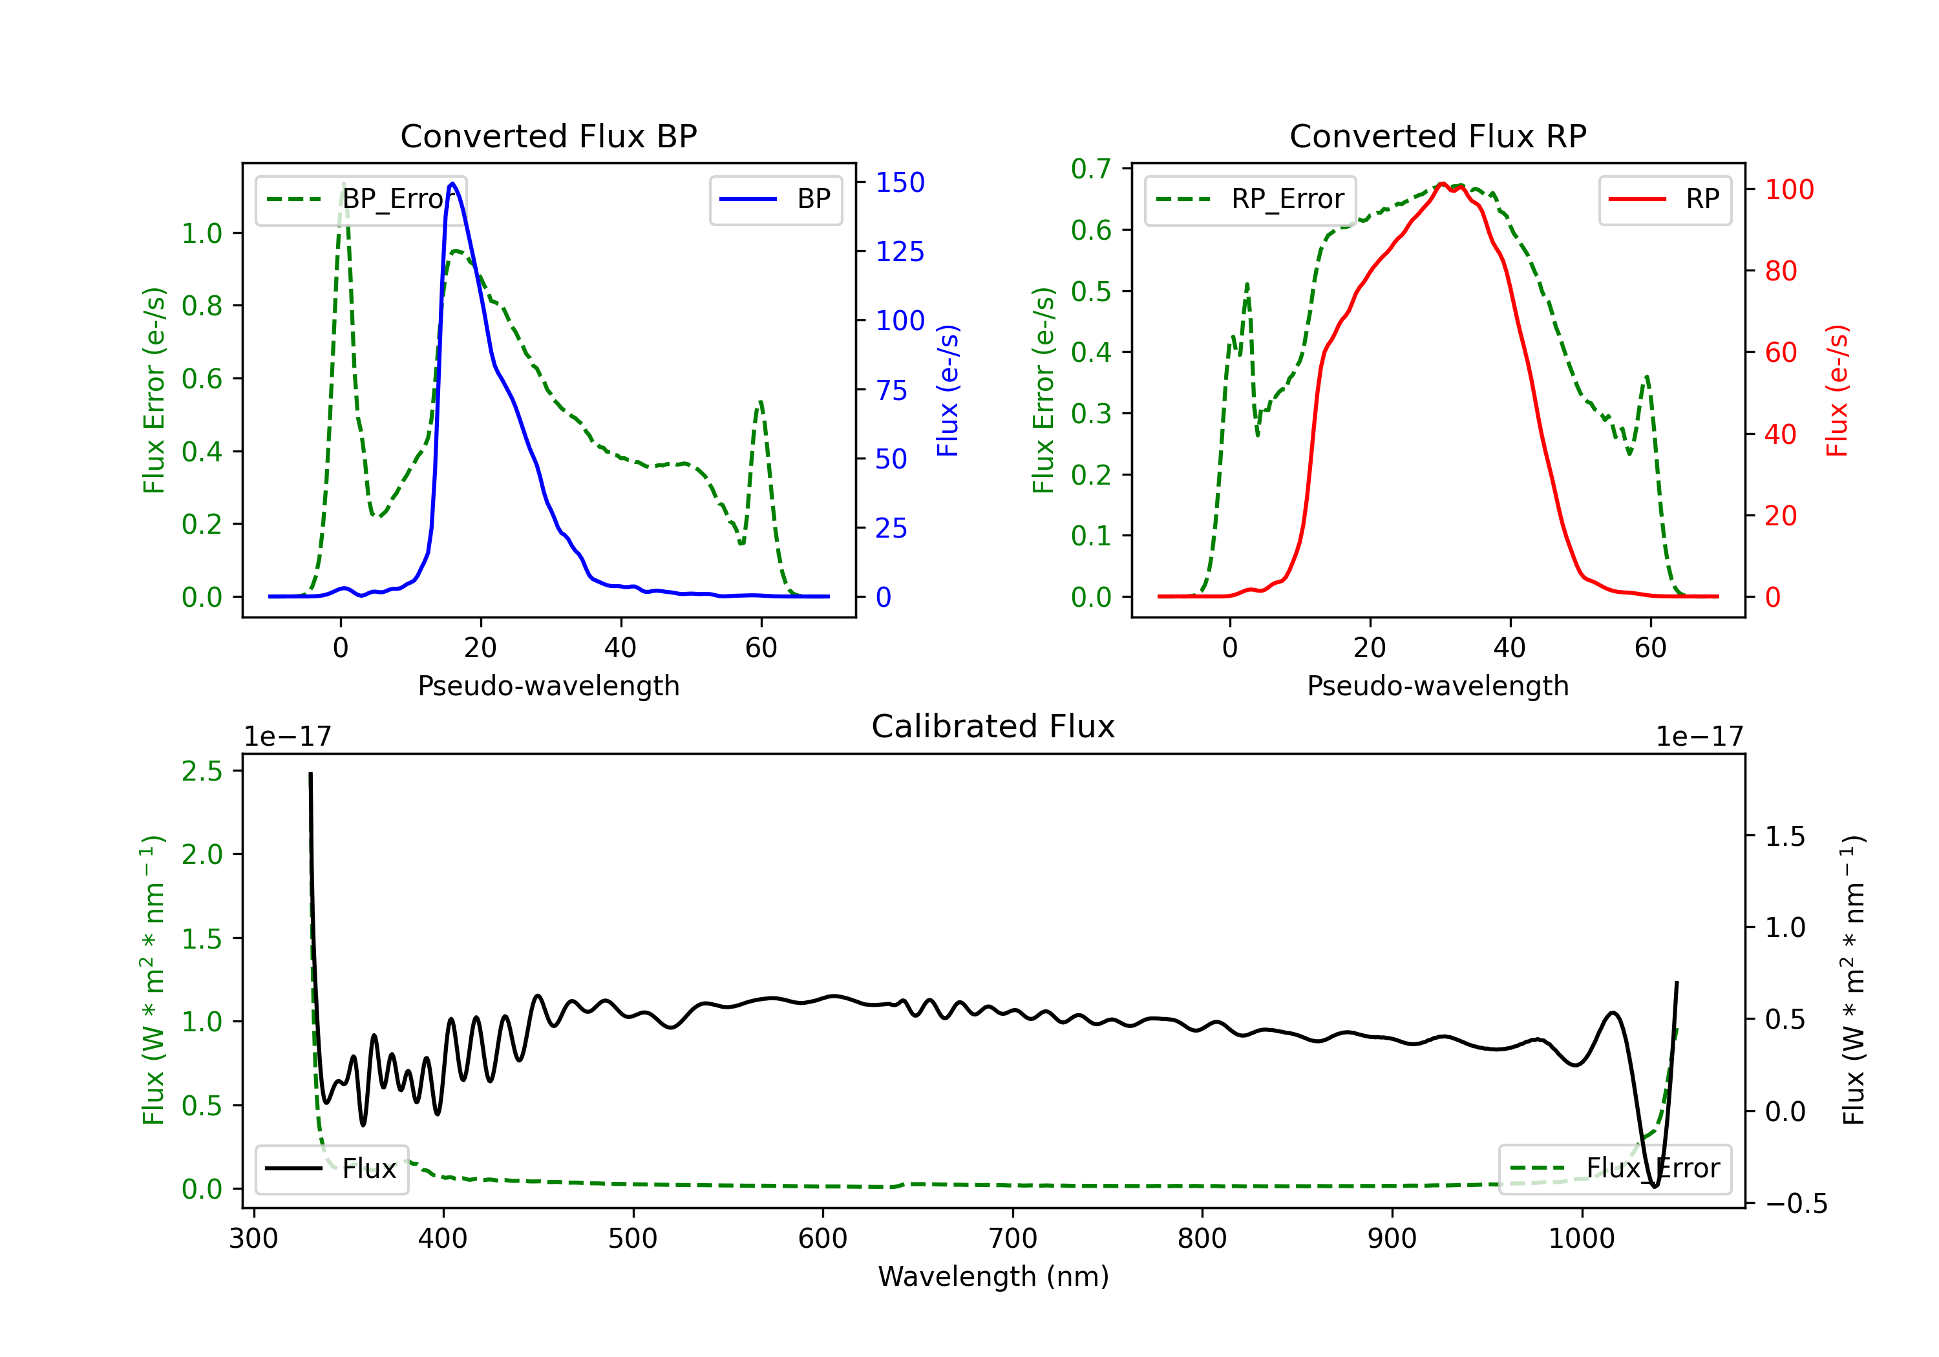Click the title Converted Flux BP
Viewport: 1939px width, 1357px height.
548,136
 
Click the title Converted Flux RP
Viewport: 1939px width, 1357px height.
1437,136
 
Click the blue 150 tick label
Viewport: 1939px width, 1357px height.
900,182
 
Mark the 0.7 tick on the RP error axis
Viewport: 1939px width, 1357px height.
1090,169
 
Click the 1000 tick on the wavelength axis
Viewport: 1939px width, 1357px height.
1581,1239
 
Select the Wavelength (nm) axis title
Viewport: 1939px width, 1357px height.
993,1277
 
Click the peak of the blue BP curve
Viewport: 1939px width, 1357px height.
452,184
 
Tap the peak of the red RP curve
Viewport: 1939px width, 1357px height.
1443,184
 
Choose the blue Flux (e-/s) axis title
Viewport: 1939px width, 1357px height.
948,390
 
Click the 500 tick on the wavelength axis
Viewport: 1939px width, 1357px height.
633,1239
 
